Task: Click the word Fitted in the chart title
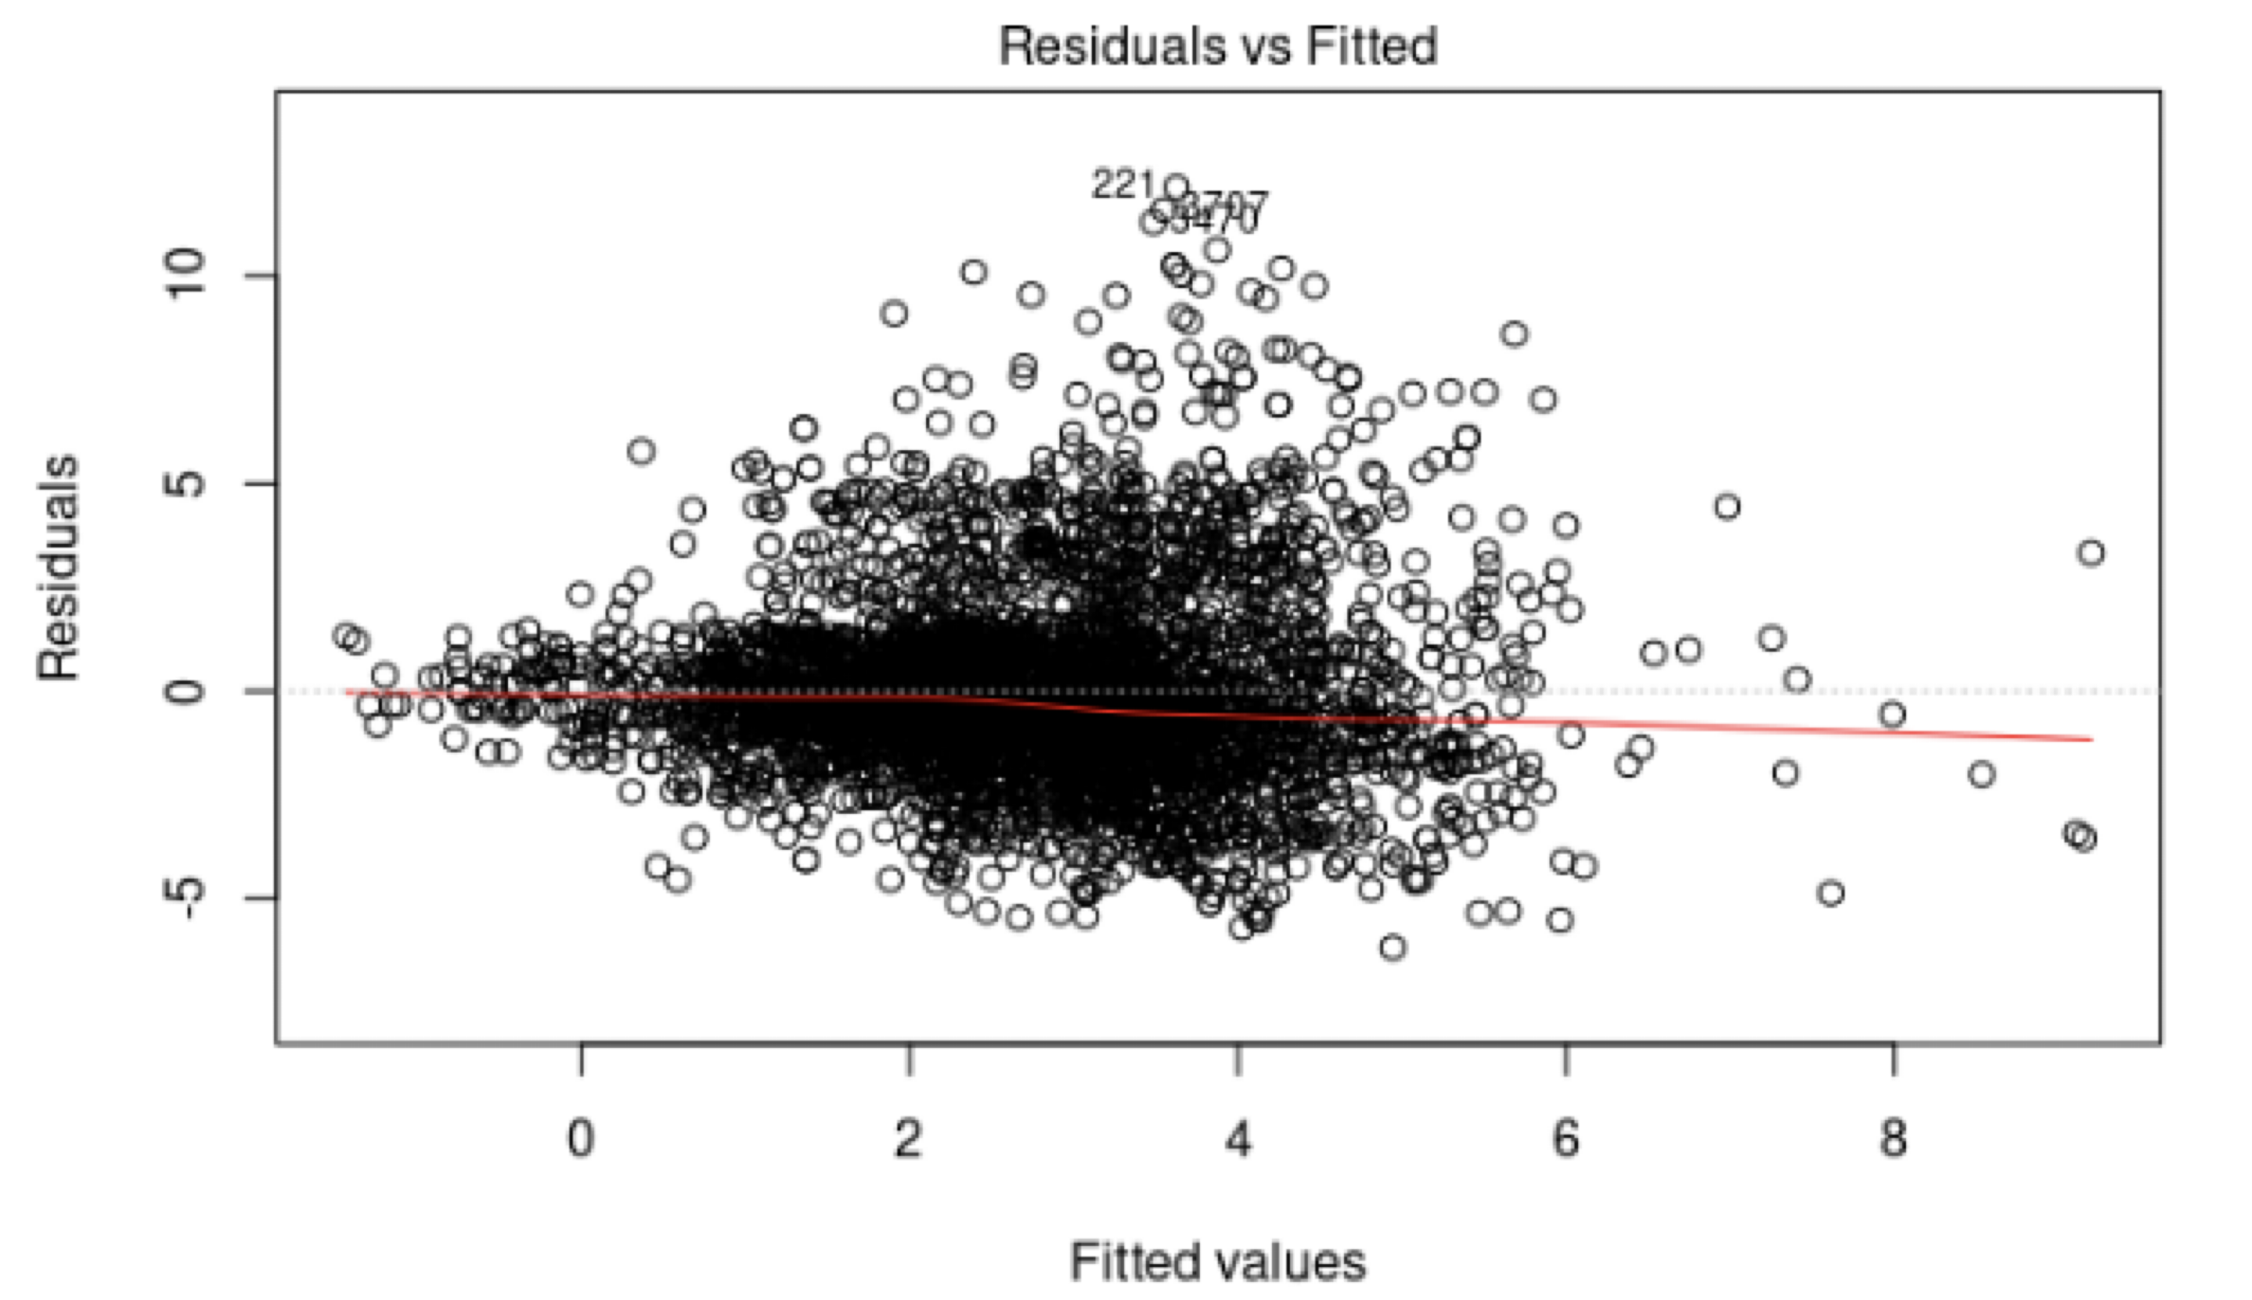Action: click(1372, 46)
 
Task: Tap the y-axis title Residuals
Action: click(59, 568)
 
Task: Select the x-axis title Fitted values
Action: click(1218, 1261)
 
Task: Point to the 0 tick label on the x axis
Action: click(581, 1139)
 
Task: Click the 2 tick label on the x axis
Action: click(909, 1139)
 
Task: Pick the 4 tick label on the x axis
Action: click(1238, 1139)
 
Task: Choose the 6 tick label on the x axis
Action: click(1566, 1139)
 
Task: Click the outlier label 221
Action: click(1123, 185)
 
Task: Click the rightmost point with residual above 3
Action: click(2091, 553)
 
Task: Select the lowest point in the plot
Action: click(1393, 948)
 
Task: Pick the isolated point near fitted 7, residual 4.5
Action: click(1727, 506)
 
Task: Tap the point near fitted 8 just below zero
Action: click(1892, 713)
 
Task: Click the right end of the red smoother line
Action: click(2091, 738)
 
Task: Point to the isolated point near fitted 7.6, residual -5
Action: click(1831, 893)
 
